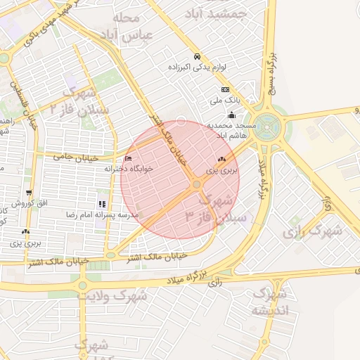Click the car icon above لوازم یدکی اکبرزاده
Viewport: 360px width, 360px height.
click(x=197, y=56)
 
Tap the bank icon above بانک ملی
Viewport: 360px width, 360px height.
click(x=225, y=90)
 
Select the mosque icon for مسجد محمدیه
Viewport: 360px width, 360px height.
click(x=231, y=115)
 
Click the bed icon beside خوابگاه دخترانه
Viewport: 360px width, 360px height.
click(x=127, y=158)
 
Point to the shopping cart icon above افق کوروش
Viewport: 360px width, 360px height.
click(x=28, y=193)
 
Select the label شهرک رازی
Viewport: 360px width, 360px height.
click(x=314, y=230)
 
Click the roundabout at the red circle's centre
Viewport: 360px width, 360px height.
click(x=196, y=184)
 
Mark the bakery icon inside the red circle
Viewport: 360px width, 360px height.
click(x=222, y=160)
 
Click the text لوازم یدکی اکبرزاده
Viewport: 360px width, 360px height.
click(x=198, y=67)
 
